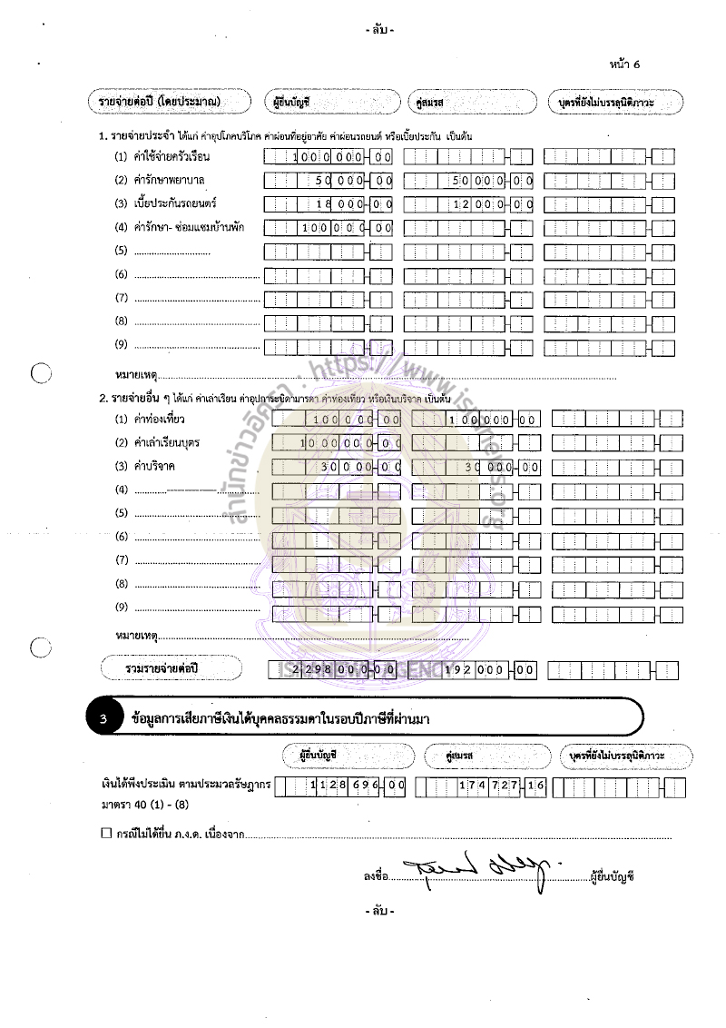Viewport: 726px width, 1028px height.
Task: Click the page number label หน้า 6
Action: tap(625, 64)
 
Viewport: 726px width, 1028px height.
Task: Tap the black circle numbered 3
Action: tap(104, 719)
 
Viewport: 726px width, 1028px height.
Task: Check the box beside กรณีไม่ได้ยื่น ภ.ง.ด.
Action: tap(106, 832)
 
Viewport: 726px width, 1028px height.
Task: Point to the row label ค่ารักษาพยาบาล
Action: tap(169, 180)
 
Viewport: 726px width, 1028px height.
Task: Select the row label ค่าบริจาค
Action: tap(154, 467)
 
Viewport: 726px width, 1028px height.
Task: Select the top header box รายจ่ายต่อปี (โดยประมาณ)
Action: tap(164, 102)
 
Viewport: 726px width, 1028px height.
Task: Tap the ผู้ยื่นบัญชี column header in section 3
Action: tap(349, 755)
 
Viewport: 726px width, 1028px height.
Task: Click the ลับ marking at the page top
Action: tap(379, 30)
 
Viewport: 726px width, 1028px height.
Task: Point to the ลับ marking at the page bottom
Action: tap(379, 909)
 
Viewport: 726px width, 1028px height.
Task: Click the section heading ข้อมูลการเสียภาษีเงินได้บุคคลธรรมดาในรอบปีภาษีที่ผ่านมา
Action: tap(280, 719)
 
